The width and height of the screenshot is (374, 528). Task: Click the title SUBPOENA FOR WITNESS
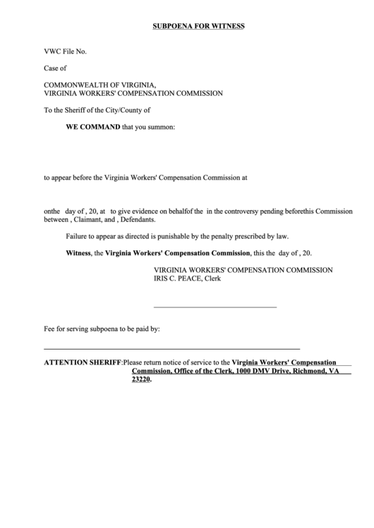[x=198, y=26]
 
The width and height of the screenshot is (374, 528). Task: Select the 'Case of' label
[x=55, y=68]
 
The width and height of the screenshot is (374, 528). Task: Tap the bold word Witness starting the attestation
[x=78, y=253]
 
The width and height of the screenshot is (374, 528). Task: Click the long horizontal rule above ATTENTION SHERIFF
[x=171, y=349]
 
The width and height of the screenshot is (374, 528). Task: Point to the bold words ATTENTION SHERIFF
[x=83, y=361]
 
